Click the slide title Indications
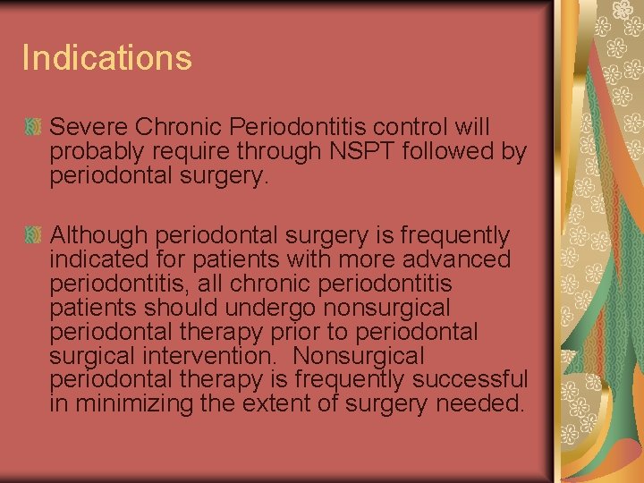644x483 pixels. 106,58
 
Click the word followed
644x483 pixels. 447,152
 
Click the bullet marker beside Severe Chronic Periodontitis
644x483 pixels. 34,127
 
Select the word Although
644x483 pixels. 99,236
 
